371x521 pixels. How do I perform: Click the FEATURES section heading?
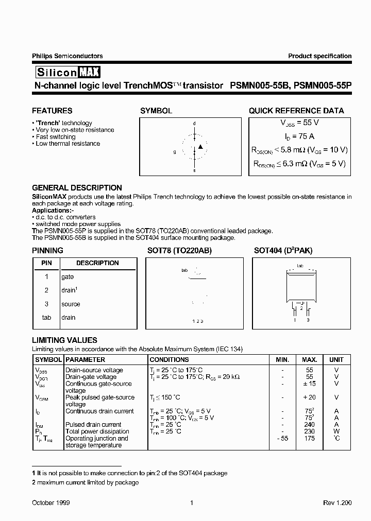click(x=52, y=111)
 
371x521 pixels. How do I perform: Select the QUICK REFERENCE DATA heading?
click(x=296, y=111)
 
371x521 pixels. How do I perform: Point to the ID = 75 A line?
click(x=299, y=136)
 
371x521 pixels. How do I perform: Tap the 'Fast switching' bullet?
click(x=55, y=137)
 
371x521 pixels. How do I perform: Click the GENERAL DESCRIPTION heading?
click(x=77, y=188)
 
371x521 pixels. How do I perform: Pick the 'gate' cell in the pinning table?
click(x=68, y=276)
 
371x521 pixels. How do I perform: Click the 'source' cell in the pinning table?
click(x=71, y=304)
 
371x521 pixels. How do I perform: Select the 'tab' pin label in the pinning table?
click(x=46, y=318)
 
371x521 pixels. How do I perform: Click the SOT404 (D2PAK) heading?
click(x=283, y=251)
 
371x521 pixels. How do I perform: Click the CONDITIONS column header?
click(x=169, y=360)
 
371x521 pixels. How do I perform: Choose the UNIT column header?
click(x=336, y=360)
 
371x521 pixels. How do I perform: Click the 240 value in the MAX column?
click(x=310, y=425)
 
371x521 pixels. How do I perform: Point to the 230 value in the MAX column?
click(x=310, y=431)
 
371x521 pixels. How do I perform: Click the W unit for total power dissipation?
click(x=336, y=431)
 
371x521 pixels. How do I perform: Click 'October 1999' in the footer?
click(x=51, y=502)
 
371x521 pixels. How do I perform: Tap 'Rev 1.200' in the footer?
click(x=338, y=502)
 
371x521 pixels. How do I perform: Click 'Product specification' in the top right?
click(x=319, y=56)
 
